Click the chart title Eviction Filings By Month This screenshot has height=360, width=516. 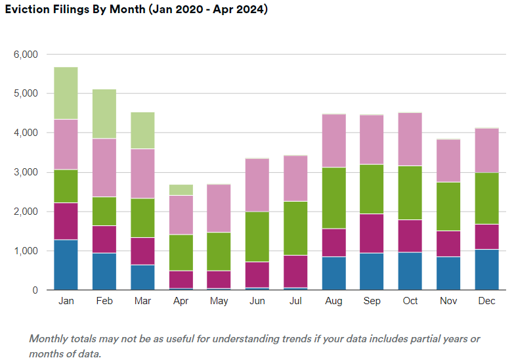136,11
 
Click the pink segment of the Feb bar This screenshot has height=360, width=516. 104,168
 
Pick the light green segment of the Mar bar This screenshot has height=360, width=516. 142,130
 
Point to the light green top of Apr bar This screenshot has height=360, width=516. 181,190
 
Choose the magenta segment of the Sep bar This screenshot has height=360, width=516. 372,233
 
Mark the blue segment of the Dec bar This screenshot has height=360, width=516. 487,269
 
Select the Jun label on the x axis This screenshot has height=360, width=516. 257,301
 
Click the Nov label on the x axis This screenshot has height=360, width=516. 449,301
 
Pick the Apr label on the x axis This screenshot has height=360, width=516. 181,301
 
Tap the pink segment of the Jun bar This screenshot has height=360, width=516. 257,185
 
